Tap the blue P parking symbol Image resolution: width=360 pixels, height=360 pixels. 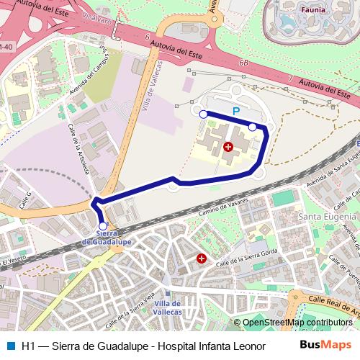(x=236, y=112)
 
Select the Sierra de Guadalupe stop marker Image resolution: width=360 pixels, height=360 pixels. (x=103, y=226)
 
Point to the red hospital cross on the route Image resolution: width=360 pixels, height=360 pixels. (x=228, y=147)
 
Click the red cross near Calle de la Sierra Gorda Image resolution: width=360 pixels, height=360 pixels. (x=202, y=258)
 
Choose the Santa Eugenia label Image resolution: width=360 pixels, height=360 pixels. (x=328, y=217)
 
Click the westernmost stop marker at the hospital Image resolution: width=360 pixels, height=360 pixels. (x=203, y=114)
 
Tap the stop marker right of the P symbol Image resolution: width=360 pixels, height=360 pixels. (x=253, y=127)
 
